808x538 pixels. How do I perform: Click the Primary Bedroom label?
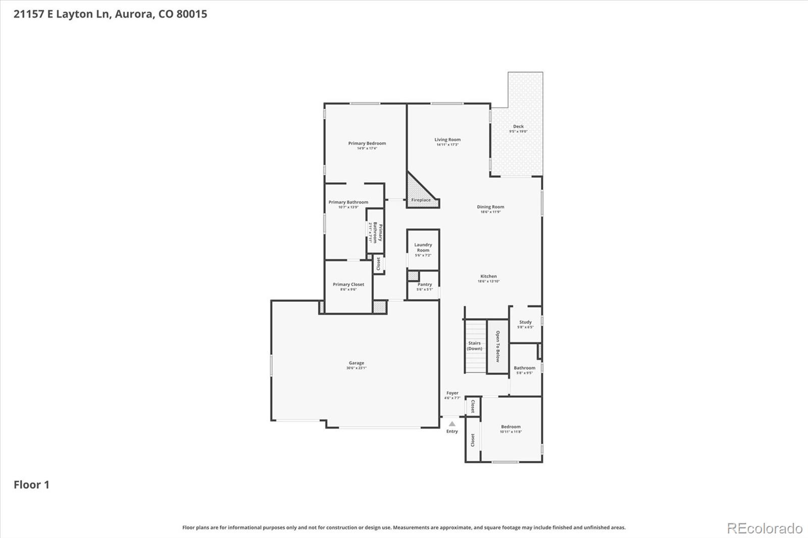pyautogui.click(x=367, y=143)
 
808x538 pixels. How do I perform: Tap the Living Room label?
pyautogui.click(x=447, y=140)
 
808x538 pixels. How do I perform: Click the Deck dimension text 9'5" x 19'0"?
pyautogui.click(x=518, y=132)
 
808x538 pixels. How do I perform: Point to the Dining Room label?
pyautogui.click(x=490, y=207)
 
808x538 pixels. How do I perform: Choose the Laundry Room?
pyautogui.click(x=423, y=249)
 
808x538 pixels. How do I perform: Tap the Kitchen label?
pyautogui.click(x=488, y=277)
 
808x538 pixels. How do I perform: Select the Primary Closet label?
pyautogui.click(x=348, y=285)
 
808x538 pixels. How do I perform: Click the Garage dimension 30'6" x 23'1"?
pyautogui.click(x=356, y=368)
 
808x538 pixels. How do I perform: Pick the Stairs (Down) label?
pyautogui.click(x=474, y=346)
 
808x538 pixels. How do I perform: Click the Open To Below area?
pyautogui.click(x=497, y=346)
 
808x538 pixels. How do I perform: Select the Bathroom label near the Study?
pyautogui.click(x=525, y=368)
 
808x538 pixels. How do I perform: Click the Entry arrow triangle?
pyautogui.click(x=452, y=424)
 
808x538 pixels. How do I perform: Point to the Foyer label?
pyautogui.click(x=452, y=393)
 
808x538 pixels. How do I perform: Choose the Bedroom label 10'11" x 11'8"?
pyautogui.click(x=511, y=427)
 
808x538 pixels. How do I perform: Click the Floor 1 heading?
pyautogui.click(x=31, y=485)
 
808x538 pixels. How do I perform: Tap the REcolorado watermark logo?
pyautogui.click(x=765, y=528)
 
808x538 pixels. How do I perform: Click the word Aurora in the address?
pyautogui.click(x=134, y=14)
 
